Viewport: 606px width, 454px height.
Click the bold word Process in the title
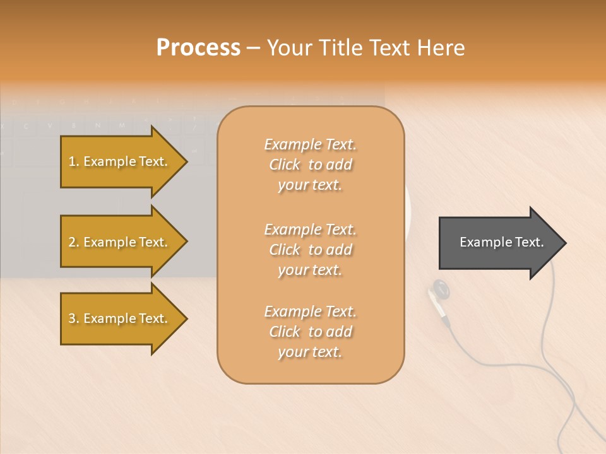[x=198, y=48]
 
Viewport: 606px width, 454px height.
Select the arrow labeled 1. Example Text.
[x=118, y=161]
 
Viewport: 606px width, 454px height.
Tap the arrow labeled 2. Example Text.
[x=118, y=242]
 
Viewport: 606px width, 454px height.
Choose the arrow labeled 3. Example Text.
[x=118, y=318]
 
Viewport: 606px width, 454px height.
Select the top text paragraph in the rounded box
[x=310, y=165]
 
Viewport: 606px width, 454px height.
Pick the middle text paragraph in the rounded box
[x=310, y=250]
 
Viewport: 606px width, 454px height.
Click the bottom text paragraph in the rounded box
[x=310, y=332]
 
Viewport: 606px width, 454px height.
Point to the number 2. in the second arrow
[x=74, y=242]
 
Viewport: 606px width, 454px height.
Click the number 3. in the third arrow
[x=74, y=318]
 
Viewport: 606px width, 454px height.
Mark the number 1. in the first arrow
[x=74, y=161]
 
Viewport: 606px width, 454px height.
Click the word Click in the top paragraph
[x=285, y=165]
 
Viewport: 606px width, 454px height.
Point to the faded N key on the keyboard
[x=97, y=125]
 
